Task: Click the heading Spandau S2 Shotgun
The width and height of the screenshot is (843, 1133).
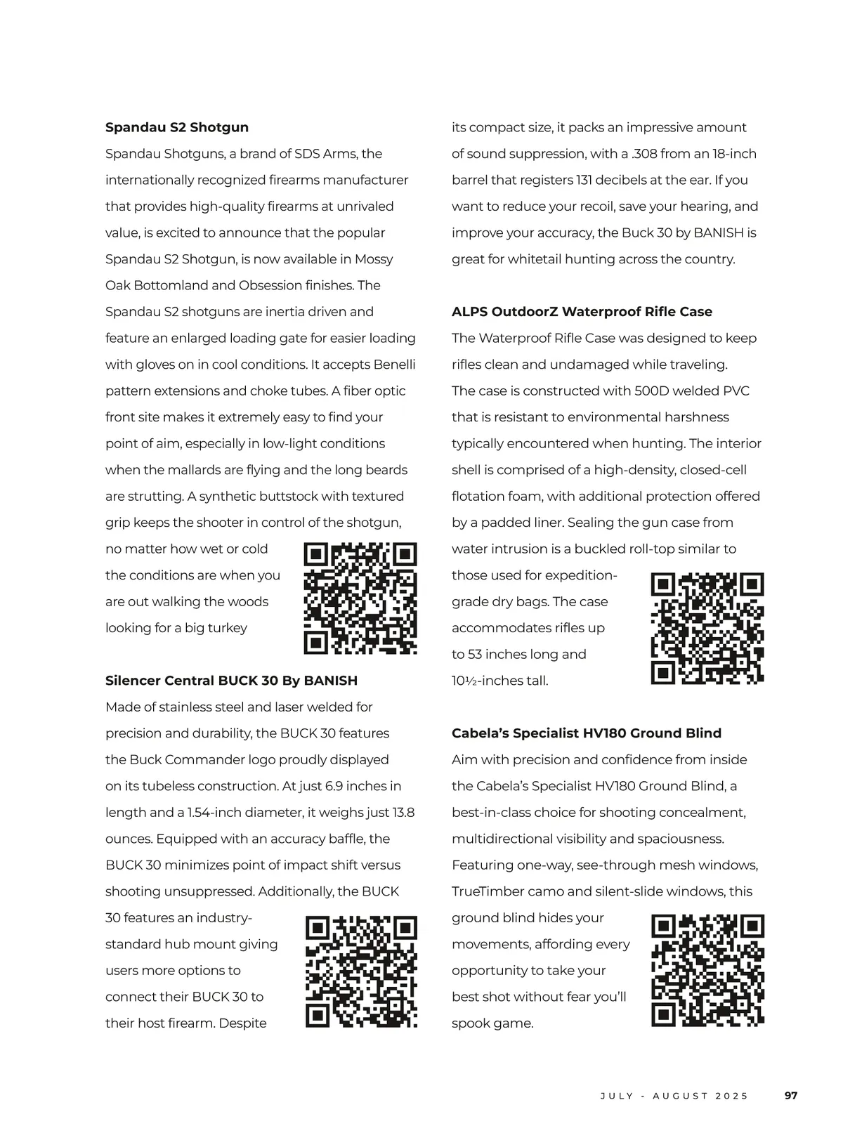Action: [177, 127]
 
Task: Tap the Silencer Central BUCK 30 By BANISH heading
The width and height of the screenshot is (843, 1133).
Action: [231, 680]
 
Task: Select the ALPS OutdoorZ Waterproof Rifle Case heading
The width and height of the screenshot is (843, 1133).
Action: [582, 311]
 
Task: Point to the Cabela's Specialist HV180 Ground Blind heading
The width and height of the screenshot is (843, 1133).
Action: [587, 733]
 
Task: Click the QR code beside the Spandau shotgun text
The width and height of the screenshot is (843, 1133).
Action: [360, 598]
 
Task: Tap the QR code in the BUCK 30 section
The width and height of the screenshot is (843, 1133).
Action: [362, 971]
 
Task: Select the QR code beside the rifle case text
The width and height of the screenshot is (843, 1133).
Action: [707, 628]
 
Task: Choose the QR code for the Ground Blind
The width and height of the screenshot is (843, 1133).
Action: [707, 970]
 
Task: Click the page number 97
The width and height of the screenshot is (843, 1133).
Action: [791, 1095]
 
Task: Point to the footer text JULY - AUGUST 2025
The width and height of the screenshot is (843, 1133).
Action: [674, 1096]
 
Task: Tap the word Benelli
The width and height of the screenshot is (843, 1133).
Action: [395, 364]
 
